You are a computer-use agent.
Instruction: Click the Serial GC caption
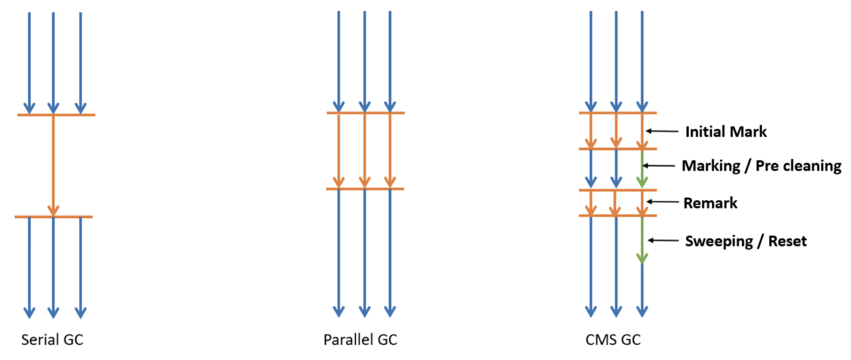pyautogui.click(x=52, y=340)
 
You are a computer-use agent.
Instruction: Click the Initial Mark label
pyautogui.click(x=725, y=132)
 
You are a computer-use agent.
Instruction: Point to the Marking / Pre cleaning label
pyautogui.click(x=761, y=166)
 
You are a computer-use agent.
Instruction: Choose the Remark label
pyautogui.click(x=710, y=203)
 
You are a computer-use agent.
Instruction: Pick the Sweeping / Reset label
pyautogui.click(x=746, y=241)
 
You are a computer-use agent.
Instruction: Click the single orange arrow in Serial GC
pyautogui.click(x=53, y=166)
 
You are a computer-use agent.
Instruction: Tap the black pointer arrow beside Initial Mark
pyautogui.click(x=662, y=131)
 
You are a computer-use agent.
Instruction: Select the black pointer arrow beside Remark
pyautogui.click(x=662, y=202)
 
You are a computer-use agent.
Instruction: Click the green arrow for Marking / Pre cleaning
pyautogui.click(x=642, y=169)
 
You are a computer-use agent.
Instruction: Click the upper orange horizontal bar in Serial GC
pyautogui.click(x=56, y=115)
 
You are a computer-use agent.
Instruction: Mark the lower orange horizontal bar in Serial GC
pyautogui.click(x=54, y=217)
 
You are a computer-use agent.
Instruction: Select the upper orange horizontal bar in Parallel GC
pyautogui.click(x=366, y=113)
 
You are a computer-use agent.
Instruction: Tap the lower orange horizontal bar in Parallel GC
pyautogui.click(x=364, y=189)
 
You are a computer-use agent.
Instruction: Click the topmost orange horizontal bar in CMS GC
pyautogui.click(x=617, y=113)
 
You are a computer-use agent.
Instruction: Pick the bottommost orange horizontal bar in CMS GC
pyautogui.click(x=617, y=215)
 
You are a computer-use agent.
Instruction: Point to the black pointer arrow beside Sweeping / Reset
pyautogui.click(x=662, y=240)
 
